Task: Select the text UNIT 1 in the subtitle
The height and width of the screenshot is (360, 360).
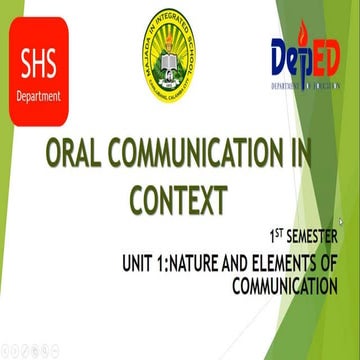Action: [x=136, y=263]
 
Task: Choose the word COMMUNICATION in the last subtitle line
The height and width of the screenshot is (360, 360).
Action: [x=283, y=286]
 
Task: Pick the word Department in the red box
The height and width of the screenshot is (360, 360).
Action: [x=39, y=97]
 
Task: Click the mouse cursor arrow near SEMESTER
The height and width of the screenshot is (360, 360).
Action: [x=342, y=223]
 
